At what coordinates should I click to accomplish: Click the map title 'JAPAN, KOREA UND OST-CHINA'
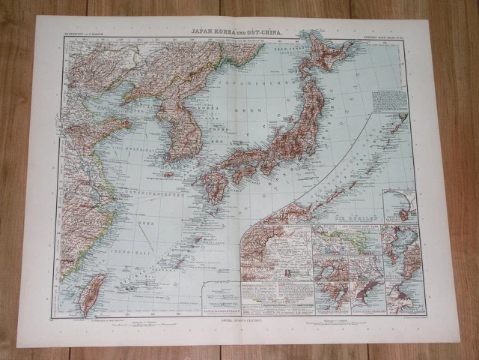click(235, 33)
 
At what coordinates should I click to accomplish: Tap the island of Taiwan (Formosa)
click(92, 292)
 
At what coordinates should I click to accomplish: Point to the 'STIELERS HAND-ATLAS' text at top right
click(391, 35)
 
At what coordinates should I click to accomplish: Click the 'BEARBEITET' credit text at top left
click(80, 35)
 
